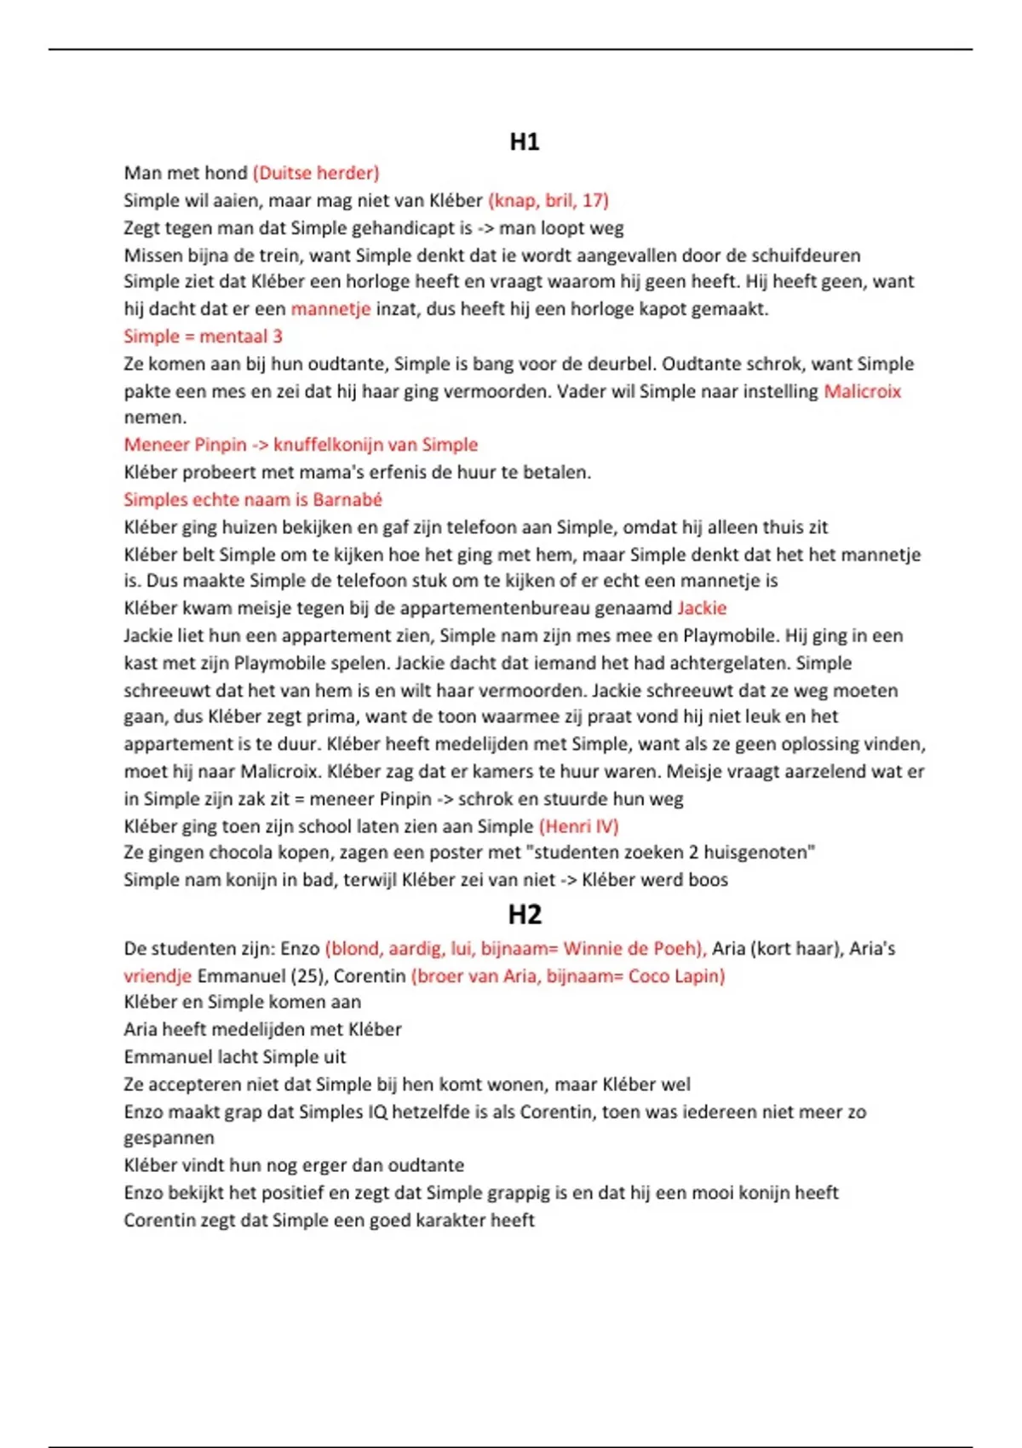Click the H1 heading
(524, 141)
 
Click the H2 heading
(524, 914)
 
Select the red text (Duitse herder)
(316, 173)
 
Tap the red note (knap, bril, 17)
(548, 200)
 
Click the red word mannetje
(330, 308)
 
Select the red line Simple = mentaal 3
(203, 336)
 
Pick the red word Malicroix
(862, 391)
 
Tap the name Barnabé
(347, 499)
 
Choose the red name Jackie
(702, 608)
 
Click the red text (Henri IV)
(579, 825)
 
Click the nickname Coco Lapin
(675, 975)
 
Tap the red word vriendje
(158, 975)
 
